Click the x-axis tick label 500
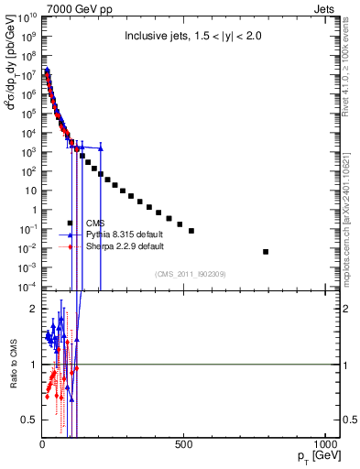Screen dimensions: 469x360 [184, 444]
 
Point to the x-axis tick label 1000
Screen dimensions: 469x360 [325, 444]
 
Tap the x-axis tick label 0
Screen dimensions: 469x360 [42, 444]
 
